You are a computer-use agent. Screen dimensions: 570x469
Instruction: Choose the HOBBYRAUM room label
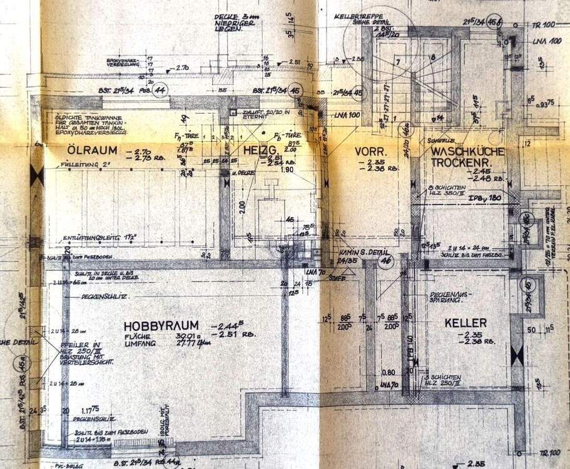161,326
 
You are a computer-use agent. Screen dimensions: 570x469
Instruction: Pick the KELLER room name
466,323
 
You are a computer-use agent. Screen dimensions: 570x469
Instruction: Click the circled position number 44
161,90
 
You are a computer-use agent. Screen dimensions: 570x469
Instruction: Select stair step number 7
396,63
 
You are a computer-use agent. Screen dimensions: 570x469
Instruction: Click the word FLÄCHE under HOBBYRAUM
138,336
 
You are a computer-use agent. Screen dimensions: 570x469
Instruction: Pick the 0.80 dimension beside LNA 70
388,373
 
